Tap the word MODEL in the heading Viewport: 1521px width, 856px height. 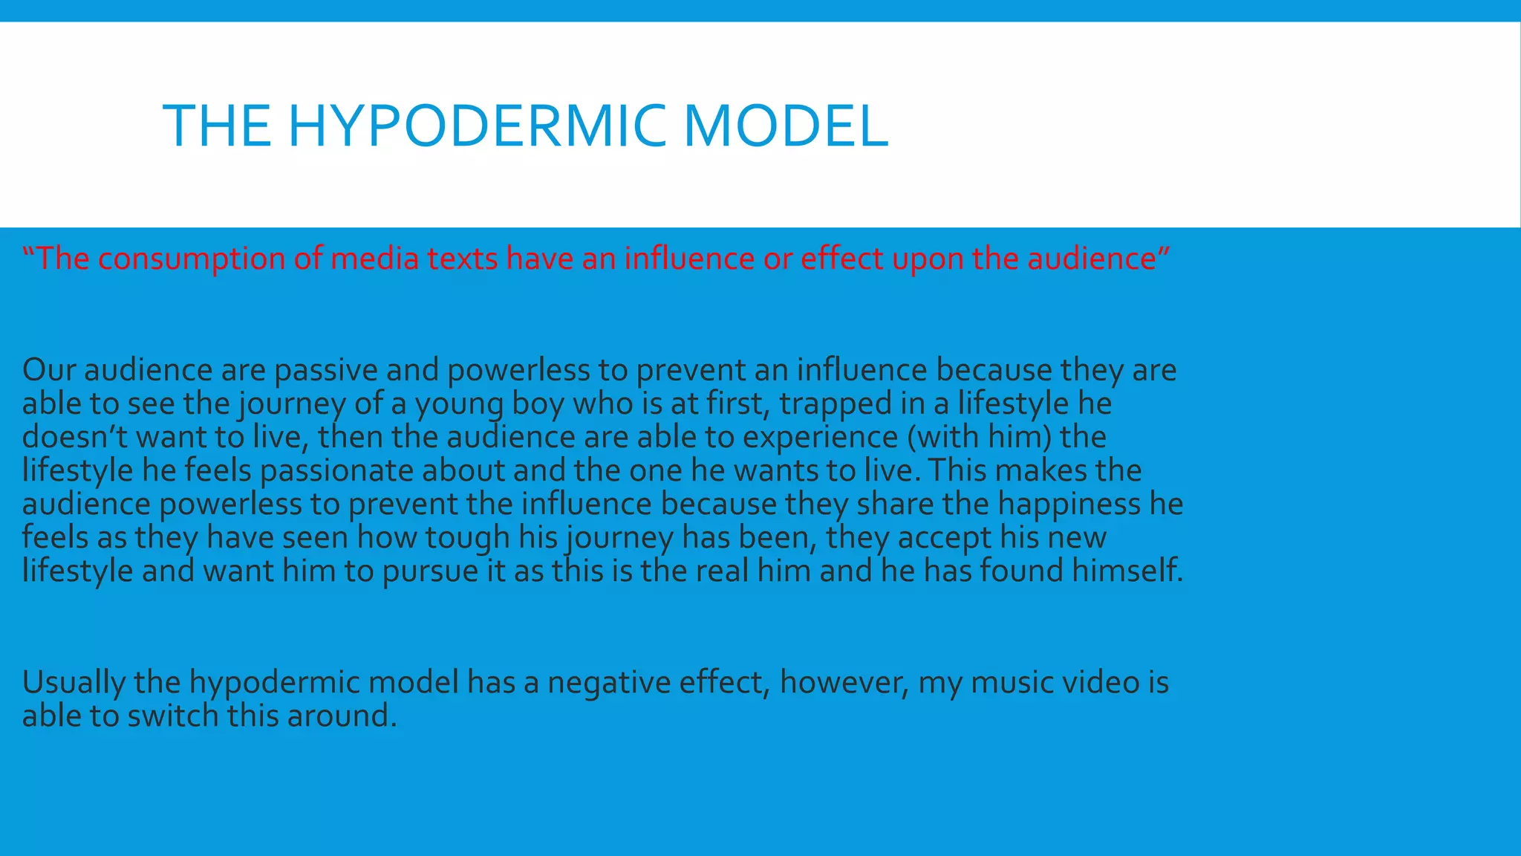click(786, 126)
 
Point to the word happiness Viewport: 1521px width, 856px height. click(1069, 505)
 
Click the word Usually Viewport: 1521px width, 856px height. click(74, 683)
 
